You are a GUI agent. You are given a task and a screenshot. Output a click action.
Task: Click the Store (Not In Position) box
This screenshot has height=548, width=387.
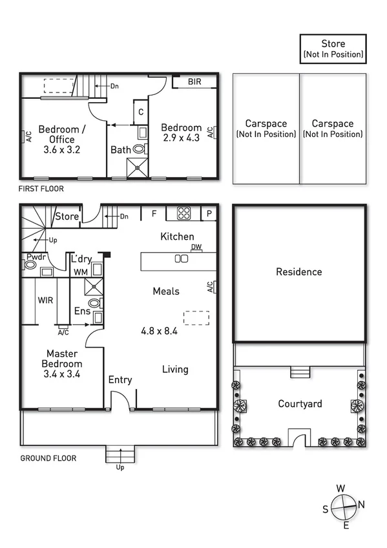point(333,49)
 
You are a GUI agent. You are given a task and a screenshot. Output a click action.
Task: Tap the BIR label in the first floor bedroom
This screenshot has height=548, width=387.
point(194,82)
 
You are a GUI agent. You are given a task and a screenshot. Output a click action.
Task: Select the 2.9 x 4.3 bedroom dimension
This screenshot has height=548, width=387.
point(181,138)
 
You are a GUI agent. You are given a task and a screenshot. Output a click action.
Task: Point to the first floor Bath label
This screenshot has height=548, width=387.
point(120,149)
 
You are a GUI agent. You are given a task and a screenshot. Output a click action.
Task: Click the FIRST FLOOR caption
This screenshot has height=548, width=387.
point(42,189)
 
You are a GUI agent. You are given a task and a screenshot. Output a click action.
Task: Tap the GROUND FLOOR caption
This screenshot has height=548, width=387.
point(48,458)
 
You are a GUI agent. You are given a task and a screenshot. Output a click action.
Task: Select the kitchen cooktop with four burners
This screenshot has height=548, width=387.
point(183,213)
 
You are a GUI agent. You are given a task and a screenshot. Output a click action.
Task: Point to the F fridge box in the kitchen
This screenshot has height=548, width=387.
point(154,213)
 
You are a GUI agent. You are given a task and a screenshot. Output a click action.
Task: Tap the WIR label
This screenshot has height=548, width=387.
point(45,300)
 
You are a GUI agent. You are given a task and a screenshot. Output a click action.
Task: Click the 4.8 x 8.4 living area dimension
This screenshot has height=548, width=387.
point(159,331)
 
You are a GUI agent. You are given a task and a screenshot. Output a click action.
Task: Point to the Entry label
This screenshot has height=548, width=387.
point(120,380)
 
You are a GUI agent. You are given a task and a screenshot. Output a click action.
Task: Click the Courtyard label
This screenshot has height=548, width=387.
point(300,404)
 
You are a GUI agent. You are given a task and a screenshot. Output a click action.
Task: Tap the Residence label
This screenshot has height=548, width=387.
point(298,272)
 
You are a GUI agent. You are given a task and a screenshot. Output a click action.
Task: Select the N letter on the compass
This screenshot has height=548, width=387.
point(361,504)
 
